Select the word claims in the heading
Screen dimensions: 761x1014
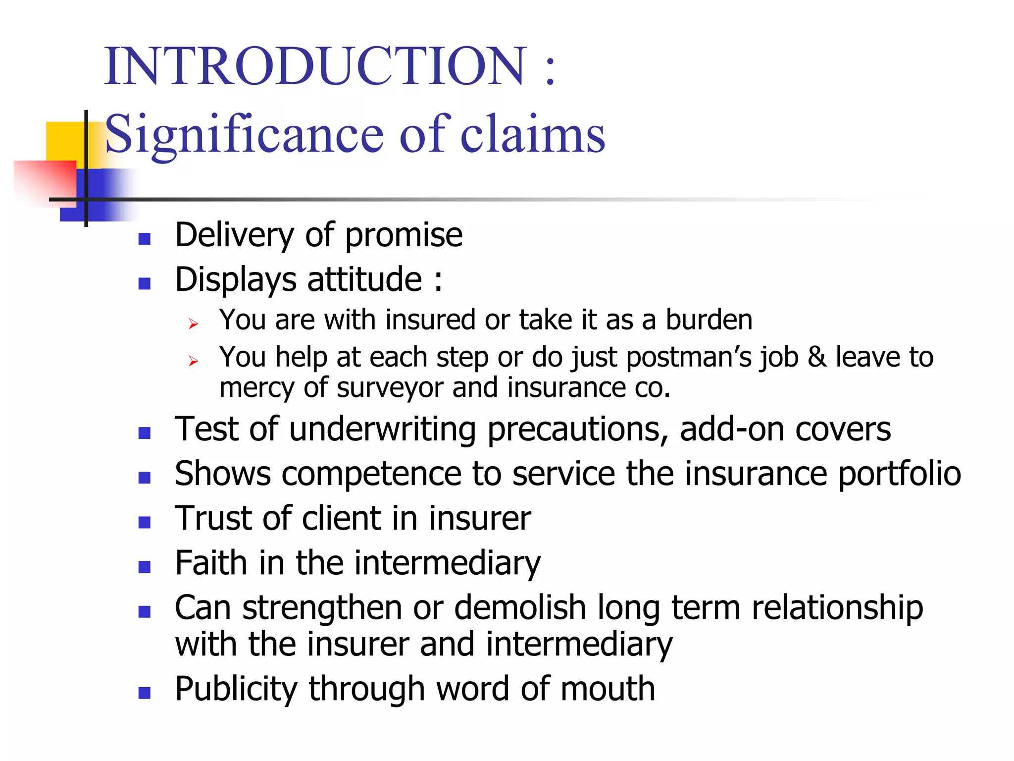533,134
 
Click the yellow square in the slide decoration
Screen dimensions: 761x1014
64,141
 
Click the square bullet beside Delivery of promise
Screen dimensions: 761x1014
145,239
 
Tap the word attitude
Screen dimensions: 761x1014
364,279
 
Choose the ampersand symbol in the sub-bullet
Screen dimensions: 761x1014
817,357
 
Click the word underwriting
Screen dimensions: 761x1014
382,429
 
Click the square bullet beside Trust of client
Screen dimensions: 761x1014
145,523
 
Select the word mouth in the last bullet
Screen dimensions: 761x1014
608,689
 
